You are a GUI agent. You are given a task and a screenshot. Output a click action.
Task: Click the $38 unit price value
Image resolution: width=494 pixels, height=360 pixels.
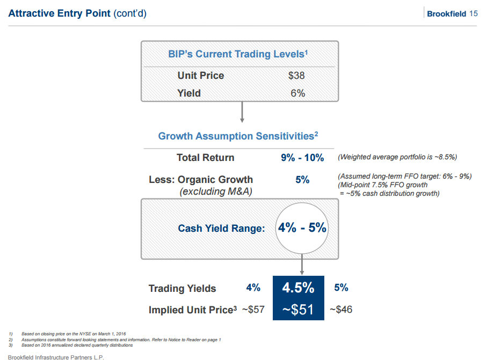coord(296,76)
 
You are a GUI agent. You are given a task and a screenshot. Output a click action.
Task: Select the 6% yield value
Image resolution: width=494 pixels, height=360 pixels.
coord(297,93)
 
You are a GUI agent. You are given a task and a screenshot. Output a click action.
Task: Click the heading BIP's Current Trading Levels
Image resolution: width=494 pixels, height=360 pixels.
coord(238,54)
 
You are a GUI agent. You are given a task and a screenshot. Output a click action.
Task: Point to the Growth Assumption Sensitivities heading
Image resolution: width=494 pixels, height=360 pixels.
coord(238,136)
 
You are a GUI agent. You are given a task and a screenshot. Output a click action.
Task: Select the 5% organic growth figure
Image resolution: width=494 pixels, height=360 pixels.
coord(302,180)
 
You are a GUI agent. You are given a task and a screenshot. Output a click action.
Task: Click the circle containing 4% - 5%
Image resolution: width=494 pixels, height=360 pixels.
coord(302,227)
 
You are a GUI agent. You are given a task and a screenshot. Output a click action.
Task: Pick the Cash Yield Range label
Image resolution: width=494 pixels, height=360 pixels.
coord(221,229)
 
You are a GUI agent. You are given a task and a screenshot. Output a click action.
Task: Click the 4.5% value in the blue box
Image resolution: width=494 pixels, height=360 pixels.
coord(299,288)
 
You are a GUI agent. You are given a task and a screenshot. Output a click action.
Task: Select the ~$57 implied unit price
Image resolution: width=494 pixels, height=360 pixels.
coord(253,310)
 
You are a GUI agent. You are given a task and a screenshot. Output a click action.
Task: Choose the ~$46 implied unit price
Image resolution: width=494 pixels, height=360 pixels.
coord(340,310)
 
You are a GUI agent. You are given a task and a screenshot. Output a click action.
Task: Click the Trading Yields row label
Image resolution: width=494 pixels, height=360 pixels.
coord(182,289)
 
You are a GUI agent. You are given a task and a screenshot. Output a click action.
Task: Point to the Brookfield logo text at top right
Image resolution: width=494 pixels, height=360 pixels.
coord(446,14)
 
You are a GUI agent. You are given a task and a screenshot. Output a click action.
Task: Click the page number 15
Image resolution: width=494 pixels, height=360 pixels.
coord(473,14)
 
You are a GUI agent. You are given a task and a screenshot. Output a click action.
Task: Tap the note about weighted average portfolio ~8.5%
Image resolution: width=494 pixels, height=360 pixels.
coord(397,158)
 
